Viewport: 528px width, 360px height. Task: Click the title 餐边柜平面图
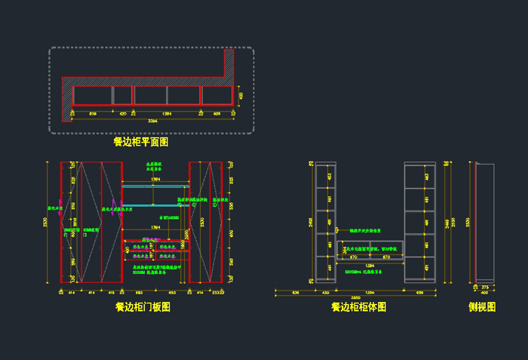[140, 141]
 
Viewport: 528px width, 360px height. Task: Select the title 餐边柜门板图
[143, 307]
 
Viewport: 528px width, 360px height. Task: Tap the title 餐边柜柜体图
[358, 307]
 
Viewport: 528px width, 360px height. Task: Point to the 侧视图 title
[482, 307]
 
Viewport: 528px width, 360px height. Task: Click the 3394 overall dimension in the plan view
[152, 120]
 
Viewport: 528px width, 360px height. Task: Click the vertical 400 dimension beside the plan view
[241, 96]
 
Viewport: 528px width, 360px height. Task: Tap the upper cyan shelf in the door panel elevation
[155, 186]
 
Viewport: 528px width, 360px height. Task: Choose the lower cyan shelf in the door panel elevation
[155, 205]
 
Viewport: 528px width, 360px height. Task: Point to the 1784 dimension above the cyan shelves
[155, 180]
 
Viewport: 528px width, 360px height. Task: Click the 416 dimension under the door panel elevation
[111, 291]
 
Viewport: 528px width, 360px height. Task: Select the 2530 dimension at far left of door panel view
[46, 222]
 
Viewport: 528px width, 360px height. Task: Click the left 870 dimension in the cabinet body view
[352, 257]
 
